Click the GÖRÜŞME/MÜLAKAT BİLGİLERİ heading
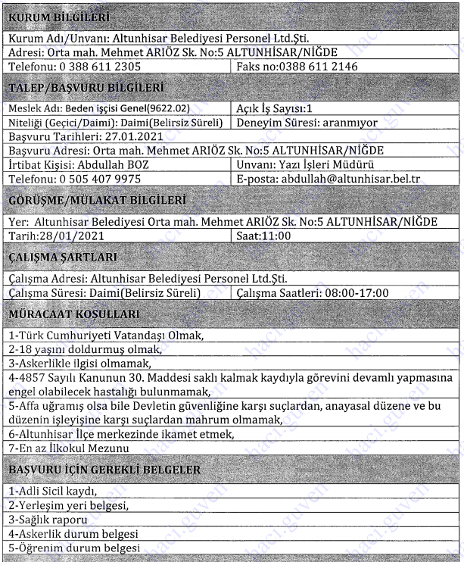[x=96, y=200]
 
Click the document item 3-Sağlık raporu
[x=48, y=520]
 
